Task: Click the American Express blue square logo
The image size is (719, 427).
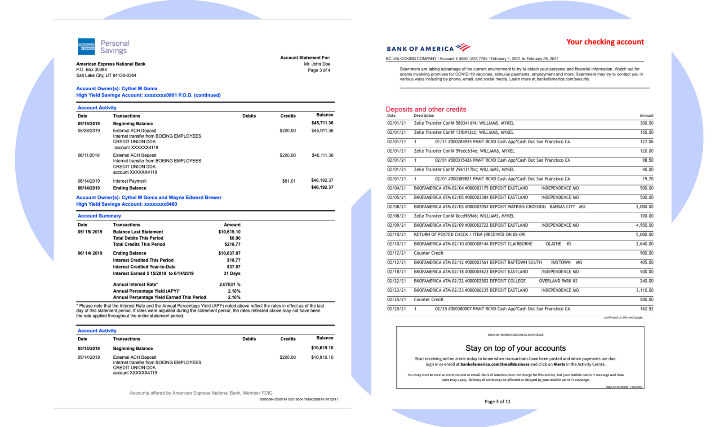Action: [86, 47]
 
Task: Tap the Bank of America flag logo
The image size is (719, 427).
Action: [462, 47]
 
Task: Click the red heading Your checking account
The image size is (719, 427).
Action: [604, 42]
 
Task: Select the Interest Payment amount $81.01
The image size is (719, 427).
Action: [288, 181]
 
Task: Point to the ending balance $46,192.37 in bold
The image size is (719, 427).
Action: [322, 188]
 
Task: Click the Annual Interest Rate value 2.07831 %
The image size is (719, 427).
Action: [229, 284]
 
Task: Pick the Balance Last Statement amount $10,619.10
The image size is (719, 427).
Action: [229, 232]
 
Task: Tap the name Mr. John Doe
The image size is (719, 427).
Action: [317, 64]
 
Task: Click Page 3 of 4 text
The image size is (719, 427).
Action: [319, 70]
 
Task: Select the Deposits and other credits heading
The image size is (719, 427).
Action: [426, 109]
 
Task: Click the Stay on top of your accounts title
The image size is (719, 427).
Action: [515, 348]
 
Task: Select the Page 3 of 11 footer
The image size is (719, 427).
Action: [497, 401]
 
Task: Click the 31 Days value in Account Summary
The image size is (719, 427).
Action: [232, 273]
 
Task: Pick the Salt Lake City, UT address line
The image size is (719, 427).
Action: [106, 75]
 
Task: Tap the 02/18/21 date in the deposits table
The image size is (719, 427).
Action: [396, 272]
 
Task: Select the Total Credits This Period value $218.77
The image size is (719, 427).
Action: [232, 244]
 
